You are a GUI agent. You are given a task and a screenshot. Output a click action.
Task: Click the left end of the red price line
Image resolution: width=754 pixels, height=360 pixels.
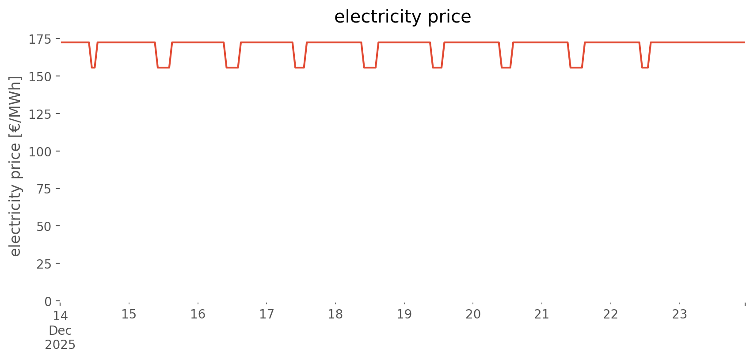pyautogui.click(x=61, y=42)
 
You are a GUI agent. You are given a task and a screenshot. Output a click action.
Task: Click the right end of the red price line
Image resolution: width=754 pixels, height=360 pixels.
pyautogui.click(x=744, y=42)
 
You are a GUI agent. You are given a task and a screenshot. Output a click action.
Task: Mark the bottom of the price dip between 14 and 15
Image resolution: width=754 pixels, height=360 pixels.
pyautogui.click(x=93, y=68)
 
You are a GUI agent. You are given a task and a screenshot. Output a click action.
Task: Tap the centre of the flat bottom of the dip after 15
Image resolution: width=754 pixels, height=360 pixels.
pyautogui.click(x=164, y=68)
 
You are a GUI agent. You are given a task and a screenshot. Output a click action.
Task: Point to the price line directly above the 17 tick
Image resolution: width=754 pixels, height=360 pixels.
pyautogui.click(x=267, y=42)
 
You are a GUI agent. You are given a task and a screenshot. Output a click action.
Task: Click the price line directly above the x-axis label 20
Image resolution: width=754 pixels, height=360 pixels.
pyautogui.click(x=473, y=42)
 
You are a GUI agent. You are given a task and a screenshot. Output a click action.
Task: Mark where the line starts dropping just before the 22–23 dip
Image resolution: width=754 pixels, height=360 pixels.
pyautogui.click(x=639, y=42)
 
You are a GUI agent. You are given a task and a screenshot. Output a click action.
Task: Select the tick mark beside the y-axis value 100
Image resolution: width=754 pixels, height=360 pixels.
pyautogui.click(x=57, y=151)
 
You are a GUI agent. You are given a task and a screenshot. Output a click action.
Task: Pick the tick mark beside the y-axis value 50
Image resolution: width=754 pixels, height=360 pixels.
pyautogui.click(x=57, y=226)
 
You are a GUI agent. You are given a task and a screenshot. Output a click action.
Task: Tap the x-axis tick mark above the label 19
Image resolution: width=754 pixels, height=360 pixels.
pyautogui.click(x=404, y=303)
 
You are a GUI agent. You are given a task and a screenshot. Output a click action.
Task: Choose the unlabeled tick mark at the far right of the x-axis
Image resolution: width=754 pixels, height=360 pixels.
pyautogui.click(x=745, y=303)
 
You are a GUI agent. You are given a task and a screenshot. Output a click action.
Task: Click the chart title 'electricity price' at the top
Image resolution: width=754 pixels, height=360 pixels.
pyautogui.click(x=403, y=16)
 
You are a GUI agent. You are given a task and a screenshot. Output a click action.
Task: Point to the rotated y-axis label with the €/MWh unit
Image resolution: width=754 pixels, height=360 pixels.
pyautogui.click(x=15, y=167)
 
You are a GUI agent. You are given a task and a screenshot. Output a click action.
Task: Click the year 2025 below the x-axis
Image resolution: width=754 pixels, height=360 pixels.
pyautogui.click(x=60, y=345)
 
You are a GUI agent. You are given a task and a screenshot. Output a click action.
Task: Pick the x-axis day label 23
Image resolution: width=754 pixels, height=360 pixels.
pyautogui.click(x=679, y=314)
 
